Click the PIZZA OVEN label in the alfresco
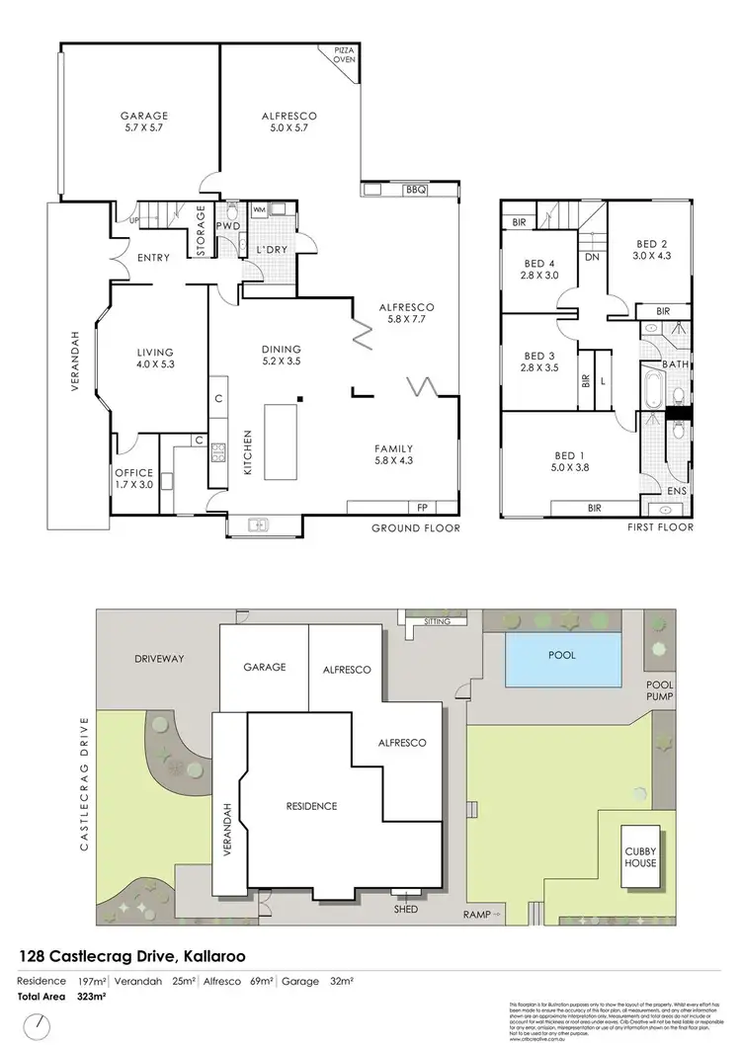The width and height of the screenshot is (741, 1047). (x=343, y=54)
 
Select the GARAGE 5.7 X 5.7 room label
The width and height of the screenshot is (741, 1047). (x=144, y=121)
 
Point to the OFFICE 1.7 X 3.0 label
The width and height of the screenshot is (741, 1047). (x=134, y=478)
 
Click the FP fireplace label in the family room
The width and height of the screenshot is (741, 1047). (x=422, y=507)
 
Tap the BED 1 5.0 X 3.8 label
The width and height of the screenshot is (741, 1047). (x=566, y=462)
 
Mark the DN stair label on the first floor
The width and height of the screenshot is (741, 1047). (x=593, y=257)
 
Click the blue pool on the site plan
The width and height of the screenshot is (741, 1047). (x=563, y=661)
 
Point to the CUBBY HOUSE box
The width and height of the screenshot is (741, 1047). (x=639, y=853)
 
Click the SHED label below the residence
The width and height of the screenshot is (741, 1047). (x=405, y=909)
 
